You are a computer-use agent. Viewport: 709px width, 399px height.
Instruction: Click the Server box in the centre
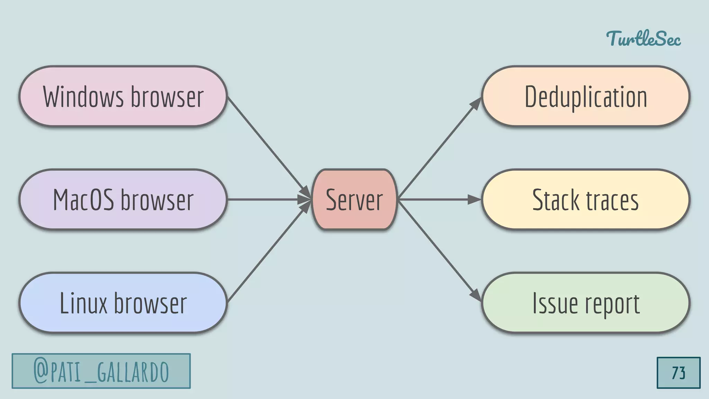coord(354,199)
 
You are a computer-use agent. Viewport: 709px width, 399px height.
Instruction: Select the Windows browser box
coord(123,96)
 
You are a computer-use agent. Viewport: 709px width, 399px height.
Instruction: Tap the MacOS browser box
coord(123,199)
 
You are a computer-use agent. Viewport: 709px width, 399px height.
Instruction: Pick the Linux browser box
coord(123,303)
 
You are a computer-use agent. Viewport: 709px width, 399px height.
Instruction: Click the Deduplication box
coord(585,96)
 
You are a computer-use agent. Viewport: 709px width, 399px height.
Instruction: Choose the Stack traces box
coord(585,199)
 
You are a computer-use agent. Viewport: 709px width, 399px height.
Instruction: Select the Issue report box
coord(585,303)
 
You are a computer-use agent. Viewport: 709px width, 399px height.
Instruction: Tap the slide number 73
coord(678,373)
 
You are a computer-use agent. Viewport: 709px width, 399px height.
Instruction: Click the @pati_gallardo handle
coord(101,371)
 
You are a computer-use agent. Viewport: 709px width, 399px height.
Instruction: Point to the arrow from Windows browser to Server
coord(267,145)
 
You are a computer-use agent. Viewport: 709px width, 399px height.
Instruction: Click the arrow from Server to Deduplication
coord(440,148)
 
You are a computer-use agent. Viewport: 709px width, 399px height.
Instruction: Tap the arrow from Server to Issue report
coord(440,251)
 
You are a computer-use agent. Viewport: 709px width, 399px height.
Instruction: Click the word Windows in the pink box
coord(83,97)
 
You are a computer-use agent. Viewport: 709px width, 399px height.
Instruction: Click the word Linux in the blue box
coord(83,303)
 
